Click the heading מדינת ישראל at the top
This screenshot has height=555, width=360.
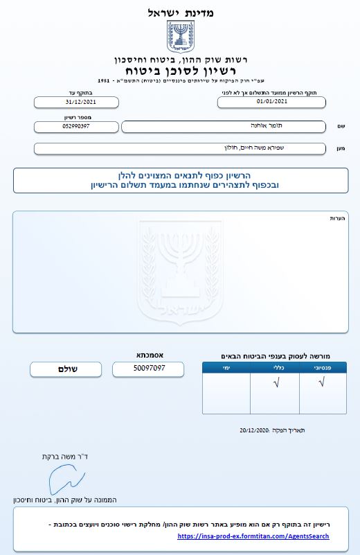pyautogui.click(x=181, y=12)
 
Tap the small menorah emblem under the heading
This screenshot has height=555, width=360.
pyautogui.click(x=181, y=36)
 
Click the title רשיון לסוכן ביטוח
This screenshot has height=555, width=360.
pyautogui.click(x=181, y=71)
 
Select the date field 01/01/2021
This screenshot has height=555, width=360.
pyautogui.click(x=271, y=102)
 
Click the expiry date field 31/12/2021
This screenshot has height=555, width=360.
pyautogui.click(x=76, y=102)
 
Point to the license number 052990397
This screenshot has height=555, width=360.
pyautogui.click(x=76, y=127)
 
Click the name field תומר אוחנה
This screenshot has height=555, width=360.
pyautogui.click(x=223, y=126)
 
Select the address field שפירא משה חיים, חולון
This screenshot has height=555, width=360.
pyautogui.click(x=179, y=148)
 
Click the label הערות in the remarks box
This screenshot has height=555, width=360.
pyautogui.click(x=338, y=218)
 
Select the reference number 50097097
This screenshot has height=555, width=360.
pyautogui.click(x=149, y=369)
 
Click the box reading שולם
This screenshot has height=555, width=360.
pyautogui.click(x=66, y=369)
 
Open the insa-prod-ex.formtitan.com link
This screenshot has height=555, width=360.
pyautogui.click(x=253, y=536)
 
